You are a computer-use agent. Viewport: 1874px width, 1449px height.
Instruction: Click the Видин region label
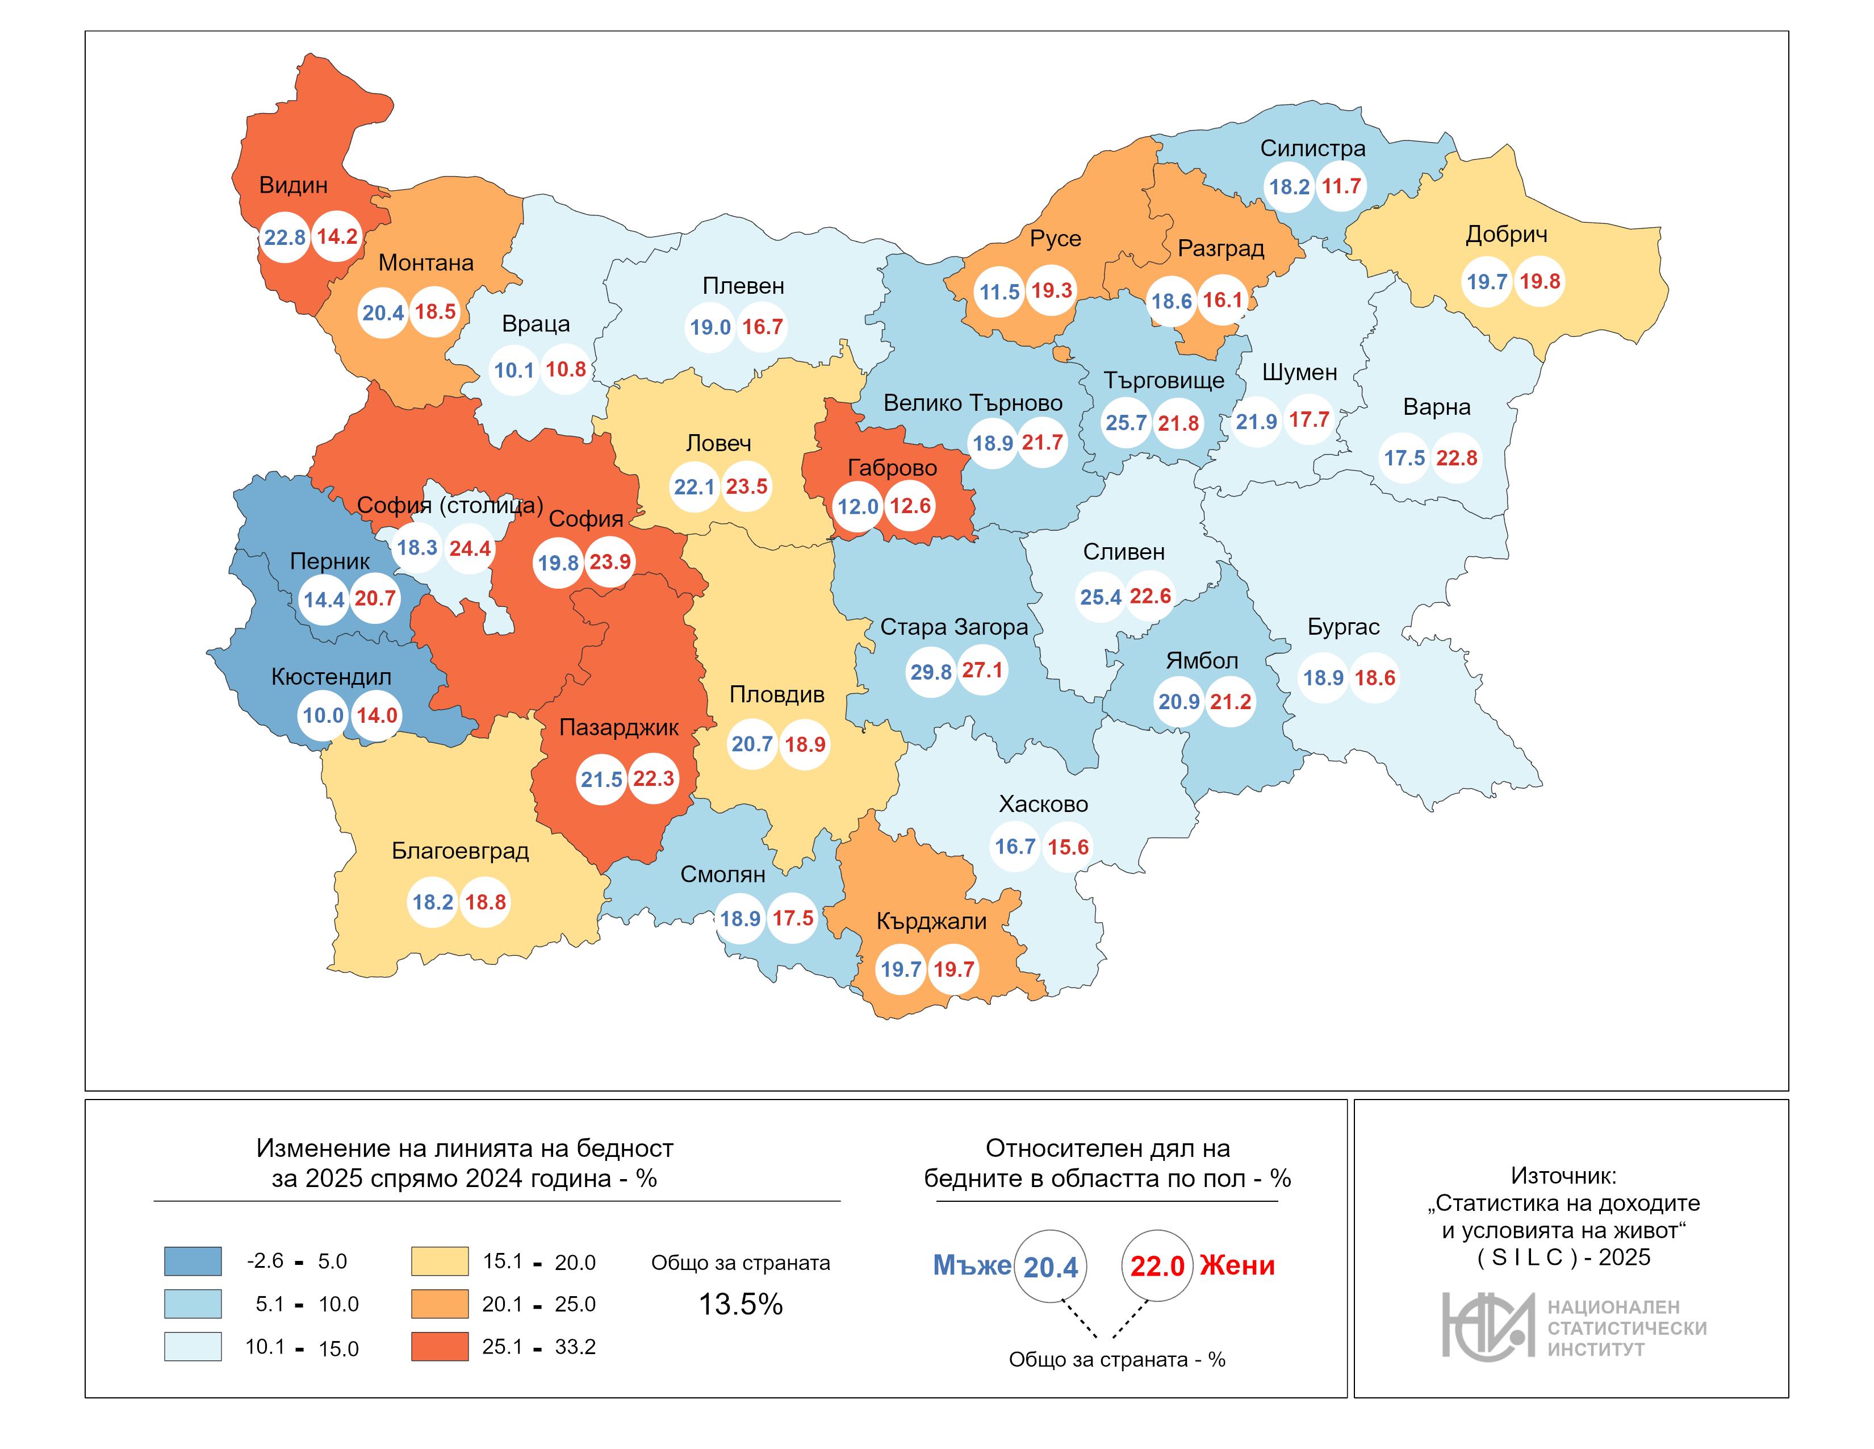click(x=294, y=185)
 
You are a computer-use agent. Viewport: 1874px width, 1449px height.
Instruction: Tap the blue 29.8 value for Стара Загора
click(x=931, y=671)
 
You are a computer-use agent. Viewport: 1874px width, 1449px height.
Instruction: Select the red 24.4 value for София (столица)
click(x=470, y=548)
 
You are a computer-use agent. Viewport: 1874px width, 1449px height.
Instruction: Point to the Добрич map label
click(x=1507, y=234)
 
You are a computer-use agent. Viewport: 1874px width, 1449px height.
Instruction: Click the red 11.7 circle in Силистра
click(x=1341, y=186)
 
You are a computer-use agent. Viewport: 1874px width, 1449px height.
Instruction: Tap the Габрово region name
click(x=892, y=468)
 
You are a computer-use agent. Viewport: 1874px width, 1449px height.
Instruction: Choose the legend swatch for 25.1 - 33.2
click(x=440, y=1346)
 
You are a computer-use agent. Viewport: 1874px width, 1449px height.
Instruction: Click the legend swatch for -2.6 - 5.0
click(x=193, y=1261)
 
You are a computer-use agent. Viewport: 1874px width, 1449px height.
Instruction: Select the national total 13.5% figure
click(x=741, y=1304)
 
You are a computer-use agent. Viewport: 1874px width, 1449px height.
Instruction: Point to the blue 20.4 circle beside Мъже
click(x=1050, y=1266)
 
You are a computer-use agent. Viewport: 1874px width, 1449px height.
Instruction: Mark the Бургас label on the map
click(x=1343, y=627)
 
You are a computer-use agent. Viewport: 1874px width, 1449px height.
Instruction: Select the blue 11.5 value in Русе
click(x=999, y=292)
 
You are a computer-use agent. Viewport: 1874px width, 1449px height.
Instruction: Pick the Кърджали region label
click(x=931, y=921)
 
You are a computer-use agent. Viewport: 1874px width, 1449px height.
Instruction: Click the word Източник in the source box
click(x=1563, y=1175)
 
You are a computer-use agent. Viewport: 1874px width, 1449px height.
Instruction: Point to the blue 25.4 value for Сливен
click(x=1101, y=597)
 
